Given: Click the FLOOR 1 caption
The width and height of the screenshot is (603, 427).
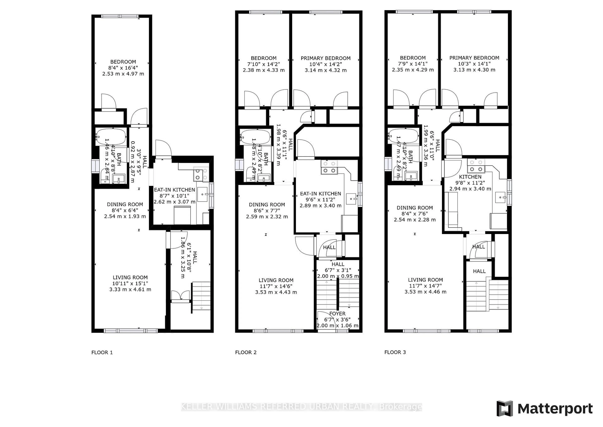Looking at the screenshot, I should tap(102, 352).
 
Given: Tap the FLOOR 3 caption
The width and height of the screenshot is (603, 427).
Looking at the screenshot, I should tap(395, 352).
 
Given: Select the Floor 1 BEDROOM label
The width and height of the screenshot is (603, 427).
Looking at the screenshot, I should tap(123, 62).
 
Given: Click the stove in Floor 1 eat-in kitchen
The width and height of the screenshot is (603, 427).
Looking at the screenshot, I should tap(201, 175).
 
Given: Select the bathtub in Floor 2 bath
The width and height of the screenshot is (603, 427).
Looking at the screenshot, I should tap(255, 137).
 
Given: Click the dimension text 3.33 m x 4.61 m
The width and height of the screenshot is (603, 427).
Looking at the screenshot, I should tap(130, 289).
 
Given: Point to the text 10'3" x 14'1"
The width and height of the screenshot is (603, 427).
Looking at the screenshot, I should tap(474, 64).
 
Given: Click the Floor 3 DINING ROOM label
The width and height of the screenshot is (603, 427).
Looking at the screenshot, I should tap(415, 208).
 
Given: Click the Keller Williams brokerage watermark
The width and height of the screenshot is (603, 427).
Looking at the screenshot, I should tap(301, 407).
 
